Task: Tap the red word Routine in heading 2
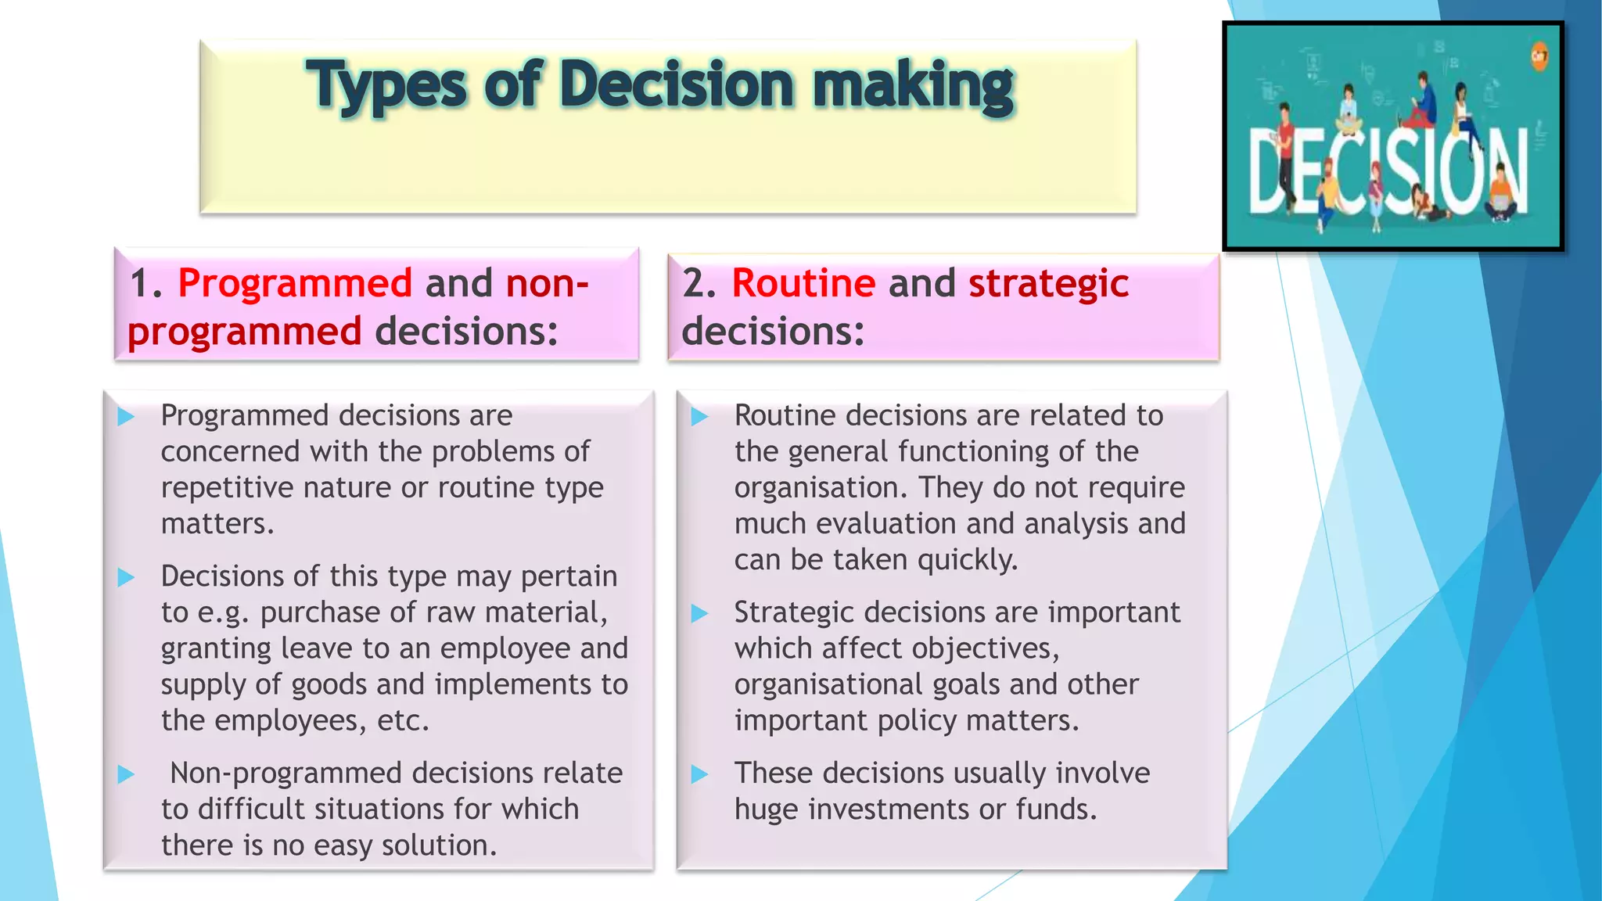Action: (x=803, y=283)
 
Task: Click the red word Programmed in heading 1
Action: (x=295, y=283)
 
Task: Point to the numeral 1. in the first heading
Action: (x=145, y=283)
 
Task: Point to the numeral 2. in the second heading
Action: (x=699, y=283)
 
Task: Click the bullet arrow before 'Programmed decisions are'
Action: (x=126, y=417)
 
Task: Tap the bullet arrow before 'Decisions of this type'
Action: (x=126, y=578)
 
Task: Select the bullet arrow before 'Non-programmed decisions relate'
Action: (x=126, y=775)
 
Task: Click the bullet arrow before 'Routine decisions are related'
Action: (x=699, y=417)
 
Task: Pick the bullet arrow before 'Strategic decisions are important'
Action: (x=699, y=614)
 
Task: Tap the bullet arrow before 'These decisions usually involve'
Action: (x=699, y=775)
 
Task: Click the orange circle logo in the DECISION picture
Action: (x=1539, y=56)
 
